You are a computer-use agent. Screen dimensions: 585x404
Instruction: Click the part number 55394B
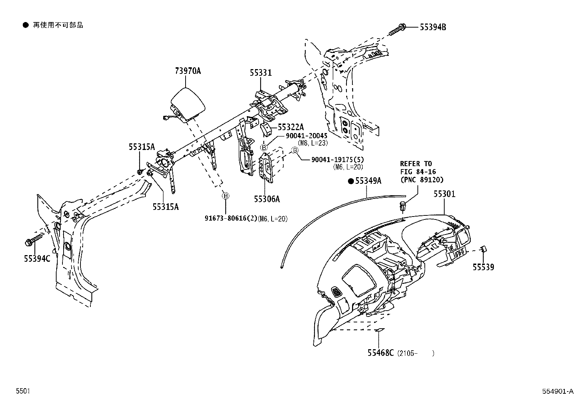coord(433,27)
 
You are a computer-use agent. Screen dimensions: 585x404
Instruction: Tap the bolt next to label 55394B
coord(397,29)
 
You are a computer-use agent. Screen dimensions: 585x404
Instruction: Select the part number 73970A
coord(188,71)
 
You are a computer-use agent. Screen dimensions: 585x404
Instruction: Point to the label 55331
coord(261,72)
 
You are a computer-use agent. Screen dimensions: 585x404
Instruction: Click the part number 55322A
coord(291,127)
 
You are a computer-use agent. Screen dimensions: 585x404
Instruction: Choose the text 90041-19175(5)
coord(337,160)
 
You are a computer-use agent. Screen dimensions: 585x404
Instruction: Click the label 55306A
coord(267,199)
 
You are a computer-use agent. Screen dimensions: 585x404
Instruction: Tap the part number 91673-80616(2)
coord(231,218)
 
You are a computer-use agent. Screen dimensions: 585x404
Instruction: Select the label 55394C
coord(37,258)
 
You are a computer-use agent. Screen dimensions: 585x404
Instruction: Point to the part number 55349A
coord(368,180)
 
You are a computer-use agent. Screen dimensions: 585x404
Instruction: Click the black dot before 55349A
coord(351,181)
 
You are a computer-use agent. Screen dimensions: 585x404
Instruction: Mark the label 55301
coord(445,194)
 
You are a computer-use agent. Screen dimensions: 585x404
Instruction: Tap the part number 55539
coord(484,267)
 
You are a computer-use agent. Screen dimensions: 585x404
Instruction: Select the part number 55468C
coord(381,353)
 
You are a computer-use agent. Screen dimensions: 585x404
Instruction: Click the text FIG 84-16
coord(418,172)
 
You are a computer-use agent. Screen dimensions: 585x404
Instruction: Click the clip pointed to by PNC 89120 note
coord(403,206)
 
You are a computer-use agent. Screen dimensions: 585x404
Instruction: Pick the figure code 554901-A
coord(558,391)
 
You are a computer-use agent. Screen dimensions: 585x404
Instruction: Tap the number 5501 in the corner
coord(23,391)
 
